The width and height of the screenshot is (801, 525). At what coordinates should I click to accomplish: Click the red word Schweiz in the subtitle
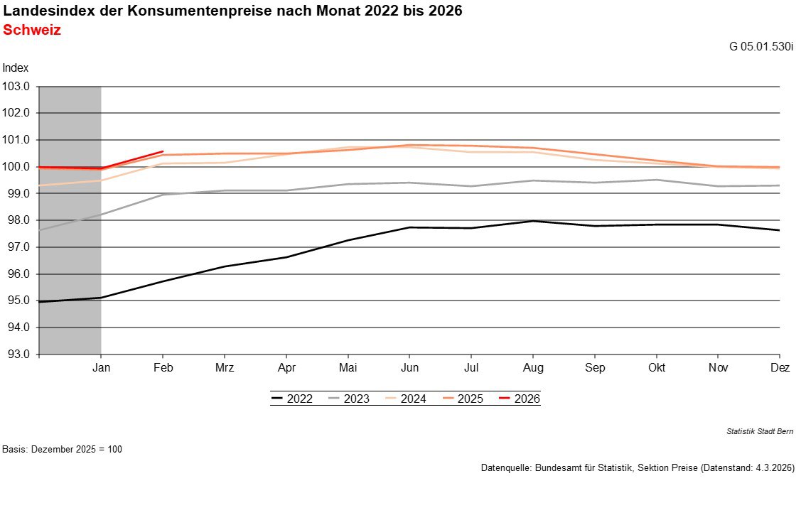click(x=32, y=31)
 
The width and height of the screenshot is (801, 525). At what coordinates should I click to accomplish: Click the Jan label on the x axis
click(x=101, y=368)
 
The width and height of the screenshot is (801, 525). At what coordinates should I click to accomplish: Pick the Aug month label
click(x=533, y=368)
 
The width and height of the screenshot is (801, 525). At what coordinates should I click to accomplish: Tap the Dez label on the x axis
click(x=780, y=368)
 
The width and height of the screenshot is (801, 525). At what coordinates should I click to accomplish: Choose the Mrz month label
click(x=225, y=368)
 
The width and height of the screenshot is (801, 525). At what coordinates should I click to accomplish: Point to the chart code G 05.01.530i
click(x=761, y=47)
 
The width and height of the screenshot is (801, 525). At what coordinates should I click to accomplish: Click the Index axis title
click(x=16, y=68)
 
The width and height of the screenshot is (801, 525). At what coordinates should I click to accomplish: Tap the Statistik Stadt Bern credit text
click(x=760, y=431)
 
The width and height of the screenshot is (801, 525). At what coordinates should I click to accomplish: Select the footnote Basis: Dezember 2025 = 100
click(x=63, y=450)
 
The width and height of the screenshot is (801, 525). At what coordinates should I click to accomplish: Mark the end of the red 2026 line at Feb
click(x=163, y=151)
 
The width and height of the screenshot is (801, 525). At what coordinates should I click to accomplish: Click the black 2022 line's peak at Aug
click(x=533, y=221)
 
